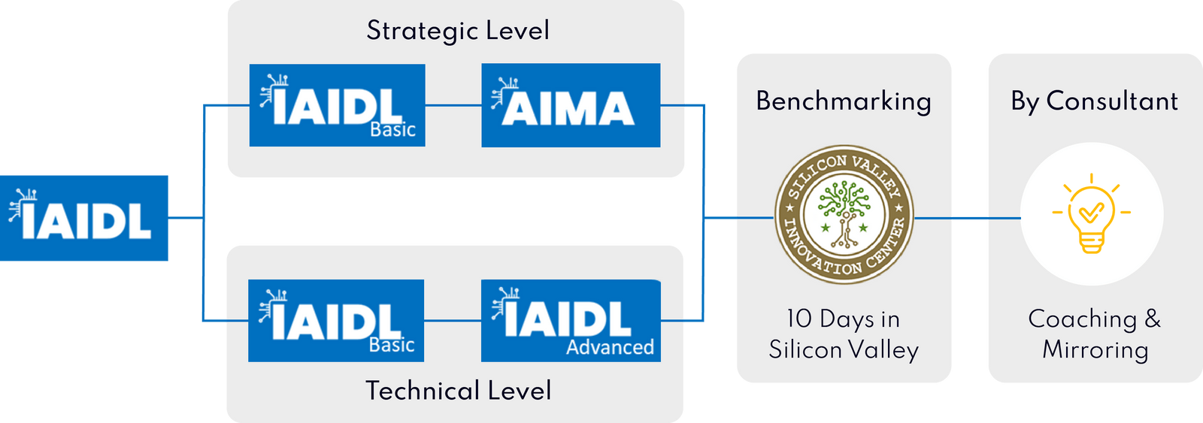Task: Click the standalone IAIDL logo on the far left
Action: coord(84,218)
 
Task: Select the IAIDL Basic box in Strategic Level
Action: coord(337,105)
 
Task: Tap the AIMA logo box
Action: coord(571,105)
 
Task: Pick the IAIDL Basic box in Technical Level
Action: coord(336,321)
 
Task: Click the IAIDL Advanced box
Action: coord(571,321)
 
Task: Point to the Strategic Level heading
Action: coord(458,31)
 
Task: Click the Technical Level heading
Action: coord(458,391)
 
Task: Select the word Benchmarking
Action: coord(844,101)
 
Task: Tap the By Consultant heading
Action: coord(1094,101)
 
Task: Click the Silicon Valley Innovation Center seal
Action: coord(844,215)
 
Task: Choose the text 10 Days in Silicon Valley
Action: coord(844,334)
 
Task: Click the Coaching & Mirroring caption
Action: coord(1095,334)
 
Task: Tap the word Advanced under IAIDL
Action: coord(610,347)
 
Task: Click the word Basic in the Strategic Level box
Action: coord(392,130)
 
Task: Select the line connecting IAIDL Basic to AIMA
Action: coord(453,105)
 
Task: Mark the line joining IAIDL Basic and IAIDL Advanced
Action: coord(452,321)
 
